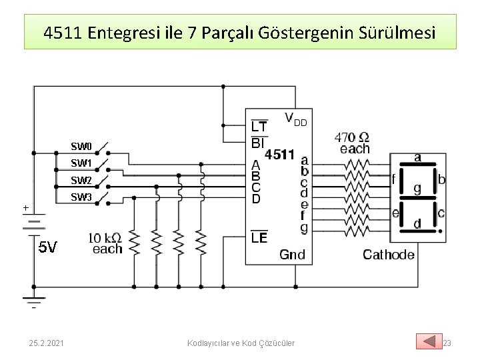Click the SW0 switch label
coord(81,146)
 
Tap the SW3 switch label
coord(81,197)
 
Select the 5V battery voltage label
coord(47,248)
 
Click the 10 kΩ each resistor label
coord(105,243)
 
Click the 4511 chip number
coord(280,155)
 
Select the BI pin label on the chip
coord(258,142)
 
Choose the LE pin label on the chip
coord(259,238)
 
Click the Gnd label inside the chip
coord(292,254)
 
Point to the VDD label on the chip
coord(295,119)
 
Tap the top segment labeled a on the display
coord(417,157)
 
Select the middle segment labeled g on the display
coord(417,189)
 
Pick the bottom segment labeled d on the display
coord(417,223)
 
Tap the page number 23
coord(447,343)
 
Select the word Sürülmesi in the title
coord(396,31)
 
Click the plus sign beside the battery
coord(26,208)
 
